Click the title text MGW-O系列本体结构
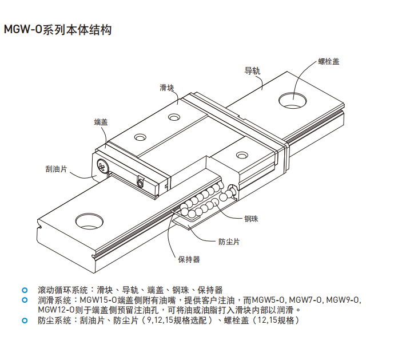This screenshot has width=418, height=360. click(57, 30)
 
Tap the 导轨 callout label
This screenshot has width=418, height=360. click(252, 71)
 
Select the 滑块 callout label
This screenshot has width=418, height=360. click(166, 88)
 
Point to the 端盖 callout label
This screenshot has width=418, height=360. click(101, 122)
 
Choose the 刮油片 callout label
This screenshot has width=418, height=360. click(56, 169)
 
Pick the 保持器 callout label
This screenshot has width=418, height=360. click(189, 259)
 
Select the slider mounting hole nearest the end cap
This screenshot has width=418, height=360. click(139, 138)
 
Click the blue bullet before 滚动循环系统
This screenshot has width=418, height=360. click(24, 290)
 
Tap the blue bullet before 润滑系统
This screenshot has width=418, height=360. click(24, 300)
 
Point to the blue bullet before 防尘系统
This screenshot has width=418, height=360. click(24, 321)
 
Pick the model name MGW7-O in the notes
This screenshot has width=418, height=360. click(305, 300)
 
